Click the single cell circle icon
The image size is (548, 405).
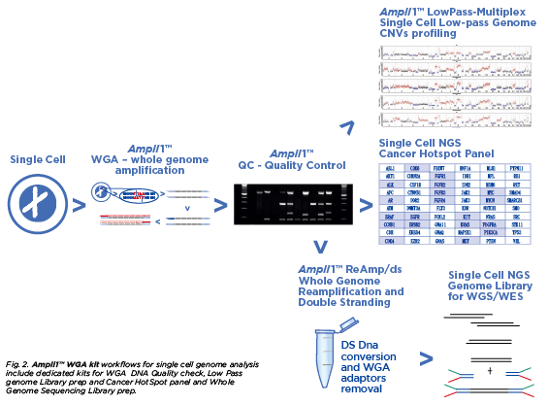click(37, 205)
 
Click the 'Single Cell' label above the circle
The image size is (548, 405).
click(38, 159)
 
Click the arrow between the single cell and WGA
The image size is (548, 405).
click(78, 206)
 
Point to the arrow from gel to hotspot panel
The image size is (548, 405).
click(365, 206)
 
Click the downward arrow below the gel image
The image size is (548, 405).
click(319, 247)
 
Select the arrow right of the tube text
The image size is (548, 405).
click(425, 359)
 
